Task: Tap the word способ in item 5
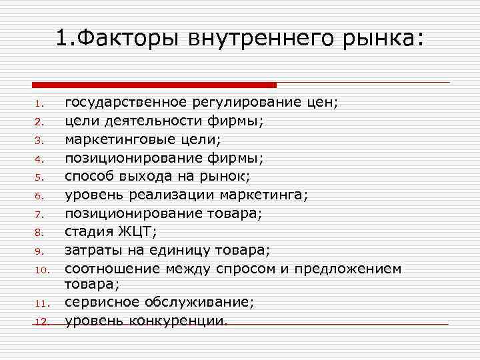click(x=89, y=177)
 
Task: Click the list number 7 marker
click(x=39, y=215)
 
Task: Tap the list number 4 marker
click(x=39, y=159)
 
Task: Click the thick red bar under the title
click(x=154, y=85)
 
